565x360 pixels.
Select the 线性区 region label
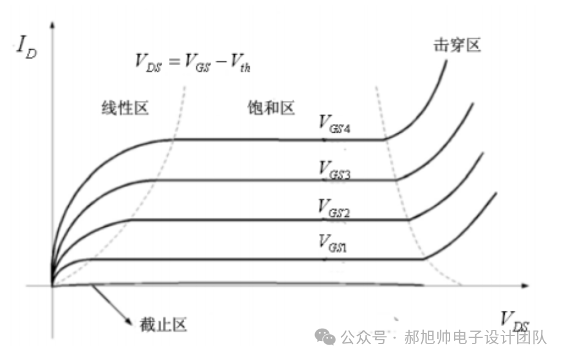(125, 109)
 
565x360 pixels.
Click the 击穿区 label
(456, 45)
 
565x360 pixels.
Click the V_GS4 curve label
(334, 123)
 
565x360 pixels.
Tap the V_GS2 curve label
(334, 206)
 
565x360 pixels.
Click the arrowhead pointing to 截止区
(128, 320)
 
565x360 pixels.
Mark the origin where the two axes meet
(52, 286)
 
